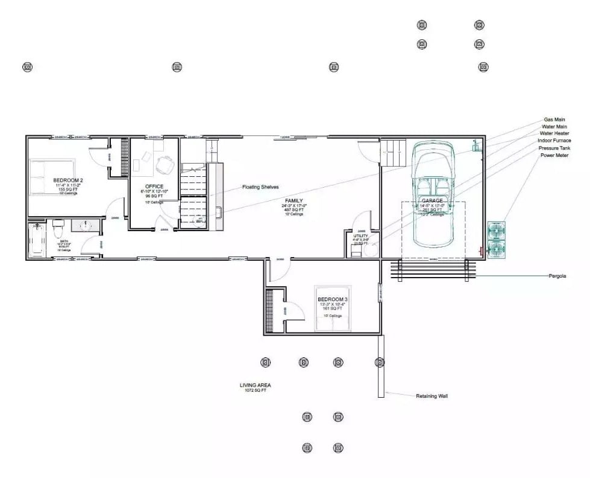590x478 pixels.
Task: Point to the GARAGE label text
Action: (x=432, y=200)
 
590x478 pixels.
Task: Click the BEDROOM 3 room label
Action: (x=333, y=299)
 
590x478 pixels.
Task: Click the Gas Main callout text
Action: (x=554, y=119)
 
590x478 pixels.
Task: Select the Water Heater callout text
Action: (x=554, y=133)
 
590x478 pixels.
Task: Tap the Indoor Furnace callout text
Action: (x=554, y=141)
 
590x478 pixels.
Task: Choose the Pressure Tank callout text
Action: (x=554, y=148)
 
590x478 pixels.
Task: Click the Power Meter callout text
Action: (x=554, y=155)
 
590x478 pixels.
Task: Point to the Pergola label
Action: (x=557, y=276)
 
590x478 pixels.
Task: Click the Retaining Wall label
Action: (x=432, y=397)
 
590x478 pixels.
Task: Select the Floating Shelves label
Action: (x=260, y=187)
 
